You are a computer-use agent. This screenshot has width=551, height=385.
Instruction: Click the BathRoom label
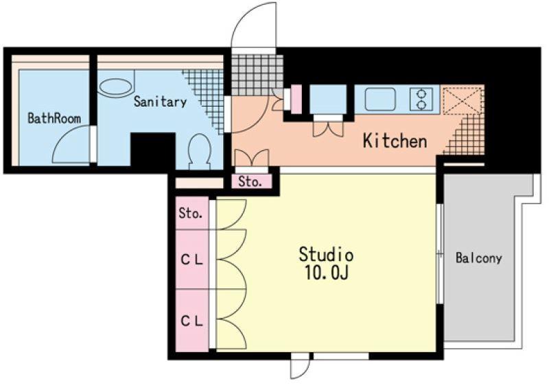click(54, 118)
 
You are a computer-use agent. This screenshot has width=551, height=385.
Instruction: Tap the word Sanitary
click(160, 101)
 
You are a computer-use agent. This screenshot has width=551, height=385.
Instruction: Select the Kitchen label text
click(395, 140)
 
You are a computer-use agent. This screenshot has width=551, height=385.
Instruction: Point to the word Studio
click(326, 254)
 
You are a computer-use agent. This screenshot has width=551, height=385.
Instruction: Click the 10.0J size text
click(327, 273)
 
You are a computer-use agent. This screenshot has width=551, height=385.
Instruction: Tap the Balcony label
click(479, 258)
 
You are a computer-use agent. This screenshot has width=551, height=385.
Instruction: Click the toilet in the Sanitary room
click(200, 152)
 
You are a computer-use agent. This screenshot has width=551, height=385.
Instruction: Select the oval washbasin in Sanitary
click(115, 88)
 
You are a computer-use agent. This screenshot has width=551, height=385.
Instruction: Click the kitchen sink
click(380, 99)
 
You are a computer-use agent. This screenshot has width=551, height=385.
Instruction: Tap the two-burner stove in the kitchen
click(421, 99)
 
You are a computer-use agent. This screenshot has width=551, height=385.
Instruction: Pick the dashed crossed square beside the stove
click(462, 99)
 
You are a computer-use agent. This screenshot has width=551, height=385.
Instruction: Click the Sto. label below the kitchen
click(250, 182)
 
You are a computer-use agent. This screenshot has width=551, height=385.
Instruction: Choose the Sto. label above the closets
click(191, 213)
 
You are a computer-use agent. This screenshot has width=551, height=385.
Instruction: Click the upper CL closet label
click(192, 260)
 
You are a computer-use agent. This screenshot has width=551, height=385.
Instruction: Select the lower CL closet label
click(192, 321)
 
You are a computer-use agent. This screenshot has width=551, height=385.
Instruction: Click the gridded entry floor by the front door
click(257, 75)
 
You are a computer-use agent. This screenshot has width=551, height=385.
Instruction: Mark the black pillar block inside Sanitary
click(153, 150)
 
